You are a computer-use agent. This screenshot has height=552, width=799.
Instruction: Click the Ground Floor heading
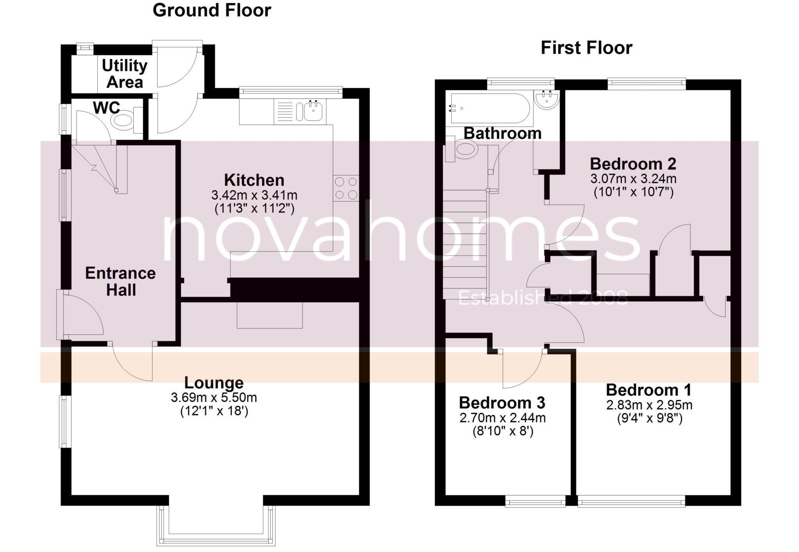tap(211, 10)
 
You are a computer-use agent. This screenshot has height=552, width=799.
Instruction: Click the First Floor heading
tap(586, 48)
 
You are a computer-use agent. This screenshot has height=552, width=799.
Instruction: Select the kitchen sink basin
tap(313, 111)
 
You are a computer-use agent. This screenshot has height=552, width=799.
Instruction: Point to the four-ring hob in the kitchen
tap(346, 188)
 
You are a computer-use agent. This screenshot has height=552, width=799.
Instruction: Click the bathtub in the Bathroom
tap(490, 108)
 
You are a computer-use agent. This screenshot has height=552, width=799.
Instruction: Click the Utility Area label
tap(124, 74)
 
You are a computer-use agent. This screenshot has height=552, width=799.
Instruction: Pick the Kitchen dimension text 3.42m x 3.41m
tap(254, 195)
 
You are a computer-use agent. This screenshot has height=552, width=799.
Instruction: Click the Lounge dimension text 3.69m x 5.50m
tap(214, 398)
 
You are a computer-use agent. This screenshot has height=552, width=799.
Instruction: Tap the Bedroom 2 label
tap(633, 164)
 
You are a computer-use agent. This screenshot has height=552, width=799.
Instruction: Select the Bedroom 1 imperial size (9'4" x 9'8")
tap(649, 419)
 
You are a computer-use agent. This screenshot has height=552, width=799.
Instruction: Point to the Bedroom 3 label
tap(502, 403)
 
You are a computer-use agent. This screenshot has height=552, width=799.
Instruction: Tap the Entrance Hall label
tap(121, 281)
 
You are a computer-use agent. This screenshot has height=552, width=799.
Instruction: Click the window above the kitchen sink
tap(291, 91)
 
